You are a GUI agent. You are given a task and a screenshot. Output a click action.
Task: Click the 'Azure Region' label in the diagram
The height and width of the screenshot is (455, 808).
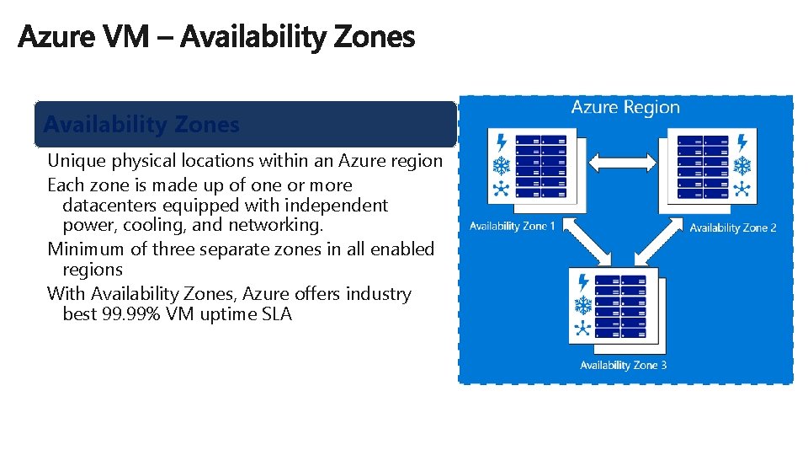(625, 108)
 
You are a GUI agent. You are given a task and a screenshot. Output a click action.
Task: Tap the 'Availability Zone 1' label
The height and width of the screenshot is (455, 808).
(512, 226)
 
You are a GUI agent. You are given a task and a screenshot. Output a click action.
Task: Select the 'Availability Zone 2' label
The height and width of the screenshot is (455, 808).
(732, 227)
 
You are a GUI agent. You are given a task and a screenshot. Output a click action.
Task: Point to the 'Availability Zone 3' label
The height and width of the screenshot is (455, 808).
(623, 365)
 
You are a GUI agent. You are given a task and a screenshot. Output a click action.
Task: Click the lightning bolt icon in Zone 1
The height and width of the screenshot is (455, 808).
(502, 141)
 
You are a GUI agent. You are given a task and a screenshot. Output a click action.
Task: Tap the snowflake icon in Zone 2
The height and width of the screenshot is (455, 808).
(742, 163)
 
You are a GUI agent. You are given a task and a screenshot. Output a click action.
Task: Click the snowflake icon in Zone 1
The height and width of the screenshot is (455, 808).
(502, 164)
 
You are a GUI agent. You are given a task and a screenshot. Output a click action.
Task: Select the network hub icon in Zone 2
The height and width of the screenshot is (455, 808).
(742, 187)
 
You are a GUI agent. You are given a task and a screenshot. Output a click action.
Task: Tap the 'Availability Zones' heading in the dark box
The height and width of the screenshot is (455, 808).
(141, 125)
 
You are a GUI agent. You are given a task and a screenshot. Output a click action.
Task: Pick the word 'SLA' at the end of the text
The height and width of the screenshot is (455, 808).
(276, 315)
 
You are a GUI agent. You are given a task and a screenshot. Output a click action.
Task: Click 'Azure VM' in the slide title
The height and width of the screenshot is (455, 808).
(84, 36)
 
